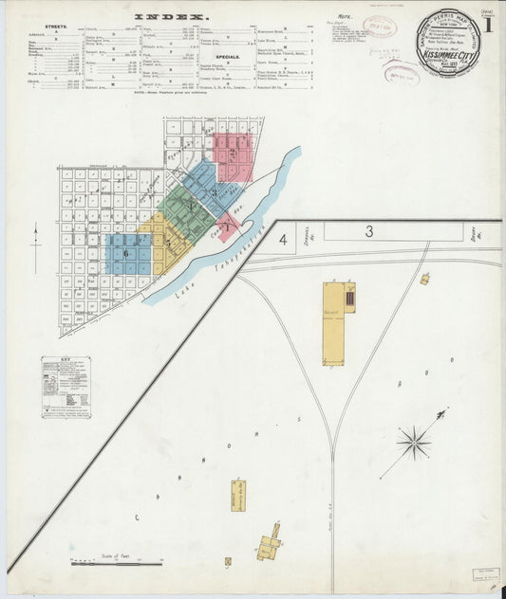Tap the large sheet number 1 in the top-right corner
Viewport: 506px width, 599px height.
click(487, 26)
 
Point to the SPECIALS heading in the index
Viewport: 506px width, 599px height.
click(227, 56)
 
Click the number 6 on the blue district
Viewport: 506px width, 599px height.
click(124, 253)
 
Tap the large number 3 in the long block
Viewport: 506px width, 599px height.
click(369, 231)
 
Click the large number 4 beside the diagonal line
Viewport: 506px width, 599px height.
click(283, 240)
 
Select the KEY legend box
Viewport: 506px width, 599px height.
click(66, 387)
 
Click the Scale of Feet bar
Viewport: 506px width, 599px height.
click(116, 563)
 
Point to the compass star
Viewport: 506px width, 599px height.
click(414, 441)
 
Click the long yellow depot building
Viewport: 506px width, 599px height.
click(333, 322)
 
